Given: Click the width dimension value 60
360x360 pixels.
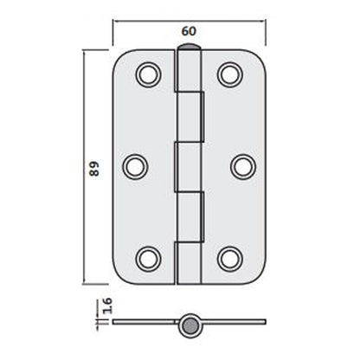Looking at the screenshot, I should click(x=186, y=31).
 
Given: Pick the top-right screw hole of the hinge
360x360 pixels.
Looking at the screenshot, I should click(x=229, y=74).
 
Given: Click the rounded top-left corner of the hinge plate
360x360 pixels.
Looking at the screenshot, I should click(x=122, y=59).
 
